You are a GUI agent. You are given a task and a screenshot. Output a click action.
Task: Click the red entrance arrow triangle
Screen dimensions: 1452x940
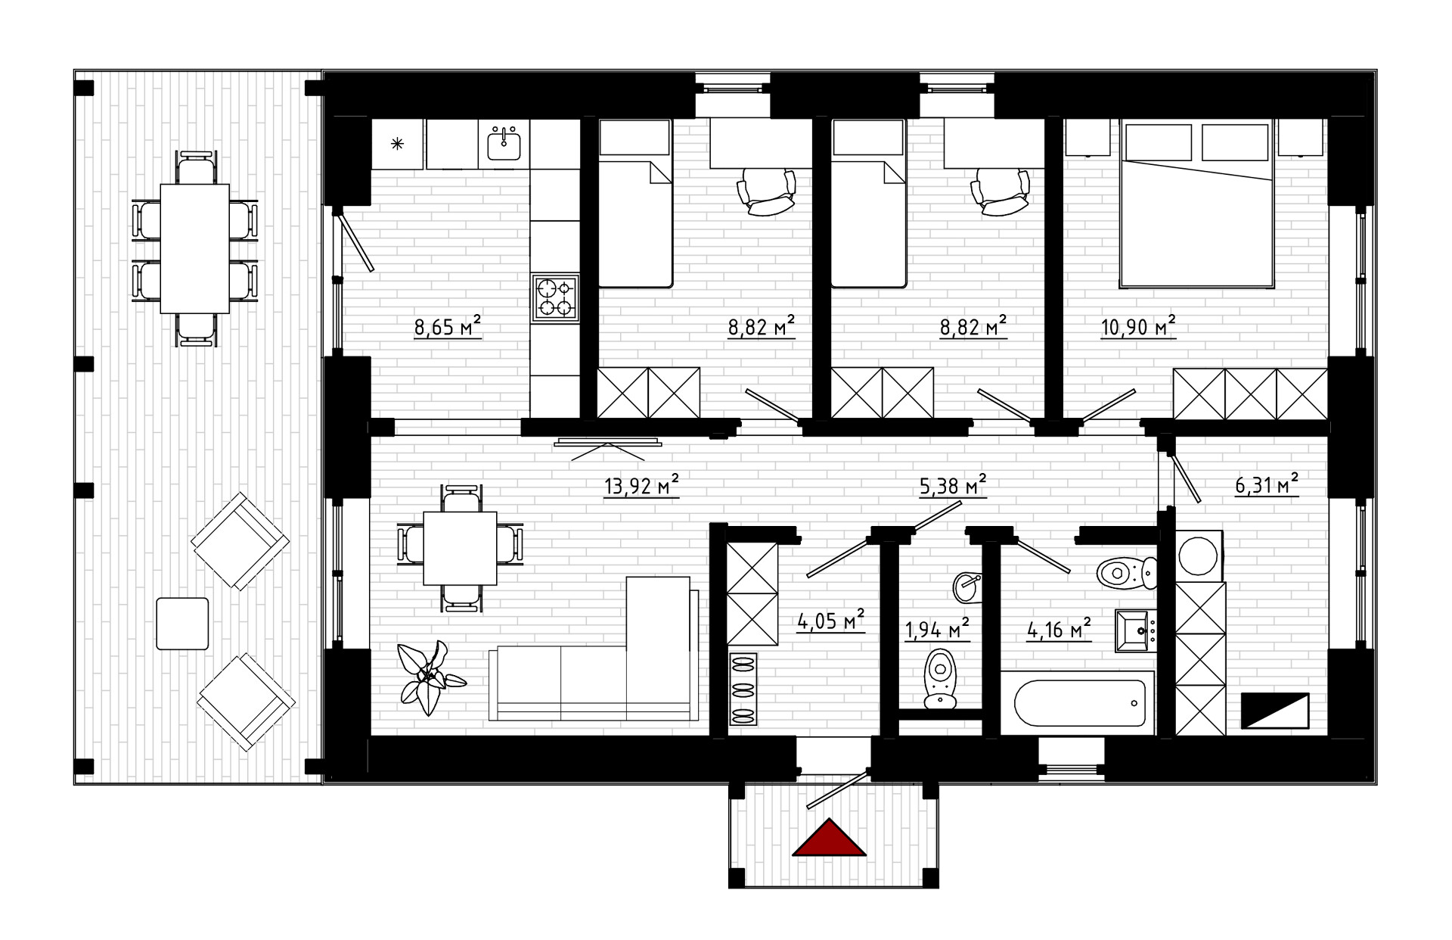tap(829, 839)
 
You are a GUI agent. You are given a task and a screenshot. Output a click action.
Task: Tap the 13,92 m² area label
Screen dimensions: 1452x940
tap(641, 486)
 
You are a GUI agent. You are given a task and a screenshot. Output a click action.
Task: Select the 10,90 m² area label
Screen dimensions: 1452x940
tap(1138, 326)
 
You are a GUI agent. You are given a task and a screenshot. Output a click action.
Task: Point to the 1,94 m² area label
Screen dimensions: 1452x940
tap(938, 628)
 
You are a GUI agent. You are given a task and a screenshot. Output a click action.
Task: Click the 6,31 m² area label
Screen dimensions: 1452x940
tap(1267, 484)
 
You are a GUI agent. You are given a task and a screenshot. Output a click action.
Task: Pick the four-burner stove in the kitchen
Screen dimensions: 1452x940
tap(556, 297)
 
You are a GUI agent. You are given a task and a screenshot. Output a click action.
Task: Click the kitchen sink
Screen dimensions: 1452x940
tap(504, 143)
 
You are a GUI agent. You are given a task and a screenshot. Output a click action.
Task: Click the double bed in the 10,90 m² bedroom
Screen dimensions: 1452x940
tap(1196, 204)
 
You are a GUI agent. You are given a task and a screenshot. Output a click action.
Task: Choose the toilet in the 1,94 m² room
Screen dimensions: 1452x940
tap(939, 678)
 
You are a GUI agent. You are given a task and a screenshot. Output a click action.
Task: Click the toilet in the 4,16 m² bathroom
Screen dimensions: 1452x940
tap(1127, 573)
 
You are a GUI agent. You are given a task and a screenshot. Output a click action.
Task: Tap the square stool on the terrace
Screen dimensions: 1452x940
tap(182, 624)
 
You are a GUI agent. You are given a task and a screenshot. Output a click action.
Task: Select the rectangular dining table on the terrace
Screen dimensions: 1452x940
tap(195, 248)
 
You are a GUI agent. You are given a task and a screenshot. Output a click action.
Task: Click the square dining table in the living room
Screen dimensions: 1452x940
tap(460, 549)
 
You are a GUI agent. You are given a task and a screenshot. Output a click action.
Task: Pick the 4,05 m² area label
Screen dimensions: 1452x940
tap(830, 621)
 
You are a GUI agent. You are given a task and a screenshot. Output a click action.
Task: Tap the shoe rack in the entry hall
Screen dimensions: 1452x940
tap(743, 689)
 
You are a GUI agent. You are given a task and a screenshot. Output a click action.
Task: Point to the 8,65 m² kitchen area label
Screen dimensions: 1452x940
tap(448, 327)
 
